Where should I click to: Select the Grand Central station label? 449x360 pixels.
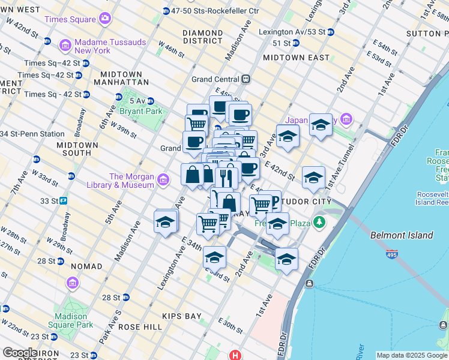(x=215, y=79)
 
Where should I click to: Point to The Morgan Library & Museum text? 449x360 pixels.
(x=131, y=181)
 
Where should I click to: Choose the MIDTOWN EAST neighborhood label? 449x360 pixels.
(x=296, y=58)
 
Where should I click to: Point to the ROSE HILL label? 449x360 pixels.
(x=140, y=327)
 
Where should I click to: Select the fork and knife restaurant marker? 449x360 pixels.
(x=226, y=177)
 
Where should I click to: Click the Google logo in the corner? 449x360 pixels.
(x=20, y=353)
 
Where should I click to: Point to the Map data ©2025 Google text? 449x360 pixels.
(x=411, y=355)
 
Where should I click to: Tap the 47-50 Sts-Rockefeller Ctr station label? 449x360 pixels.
(x=214, y=11)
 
